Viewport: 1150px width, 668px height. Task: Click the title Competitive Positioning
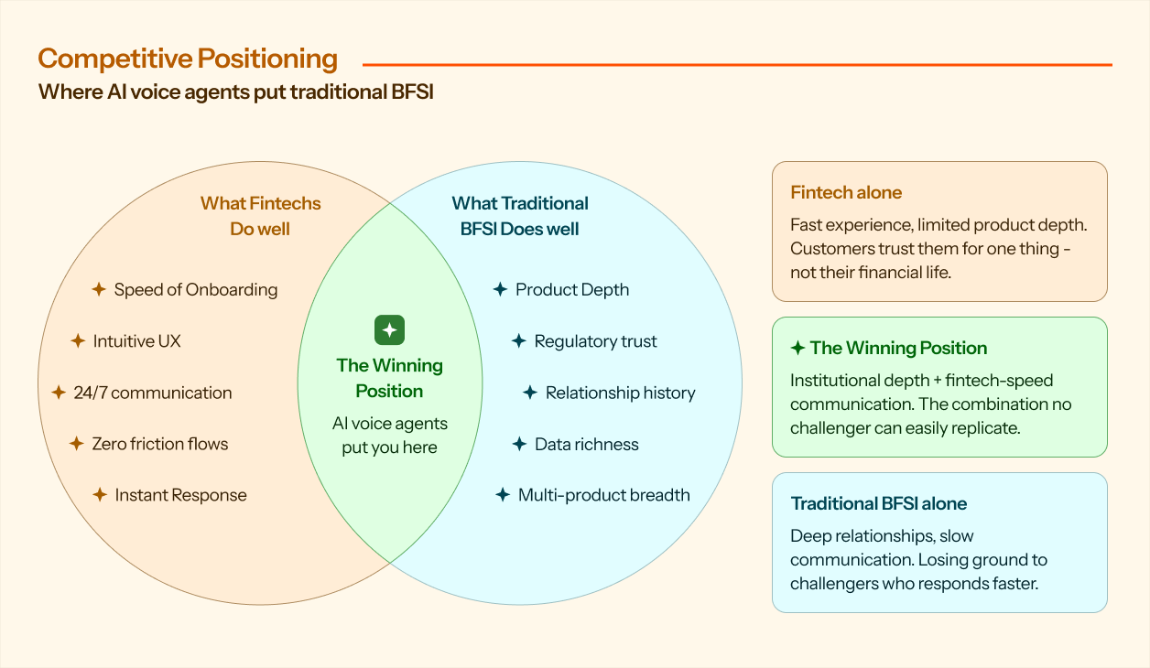click(x=188, y=59)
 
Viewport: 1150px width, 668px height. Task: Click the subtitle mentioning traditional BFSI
click(x=236, y=92)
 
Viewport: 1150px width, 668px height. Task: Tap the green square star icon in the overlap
click(x=390, y=330)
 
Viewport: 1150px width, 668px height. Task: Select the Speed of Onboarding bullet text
click(x=196, y=290)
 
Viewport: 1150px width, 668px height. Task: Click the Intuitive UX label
click(x=136, y=341)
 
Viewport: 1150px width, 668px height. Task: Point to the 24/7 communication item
click(x=153, y=393)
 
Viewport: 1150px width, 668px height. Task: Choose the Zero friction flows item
click(x=159, y=444)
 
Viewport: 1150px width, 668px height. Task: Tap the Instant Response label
click(x=180, y=495)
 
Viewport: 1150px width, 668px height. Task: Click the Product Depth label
click(x=572, y=290)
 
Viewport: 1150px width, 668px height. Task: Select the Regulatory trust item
click(x=595, y=341)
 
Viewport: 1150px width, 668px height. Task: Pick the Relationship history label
click(x=620, y=393)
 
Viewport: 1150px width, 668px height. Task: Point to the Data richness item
click(x=586, y=445)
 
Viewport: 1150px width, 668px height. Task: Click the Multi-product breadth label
click(x=603, y=495)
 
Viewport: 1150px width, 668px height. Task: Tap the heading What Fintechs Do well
click(x=260, y=216)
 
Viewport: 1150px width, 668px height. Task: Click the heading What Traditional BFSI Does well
click(x=519, y=216)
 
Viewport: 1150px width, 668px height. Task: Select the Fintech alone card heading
click(x=846, y=192)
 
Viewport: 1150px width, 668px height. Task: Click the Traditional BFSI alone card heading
click(x=878, y=504)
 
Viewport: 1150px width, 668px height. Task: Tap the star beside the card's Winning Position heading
click(x=797, y=348)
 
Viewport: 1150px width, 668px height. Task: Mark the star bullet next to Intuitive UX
click(x=78, y=340)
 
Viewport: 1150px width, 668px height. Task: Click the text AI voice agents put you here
click(x=390, y=435)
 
